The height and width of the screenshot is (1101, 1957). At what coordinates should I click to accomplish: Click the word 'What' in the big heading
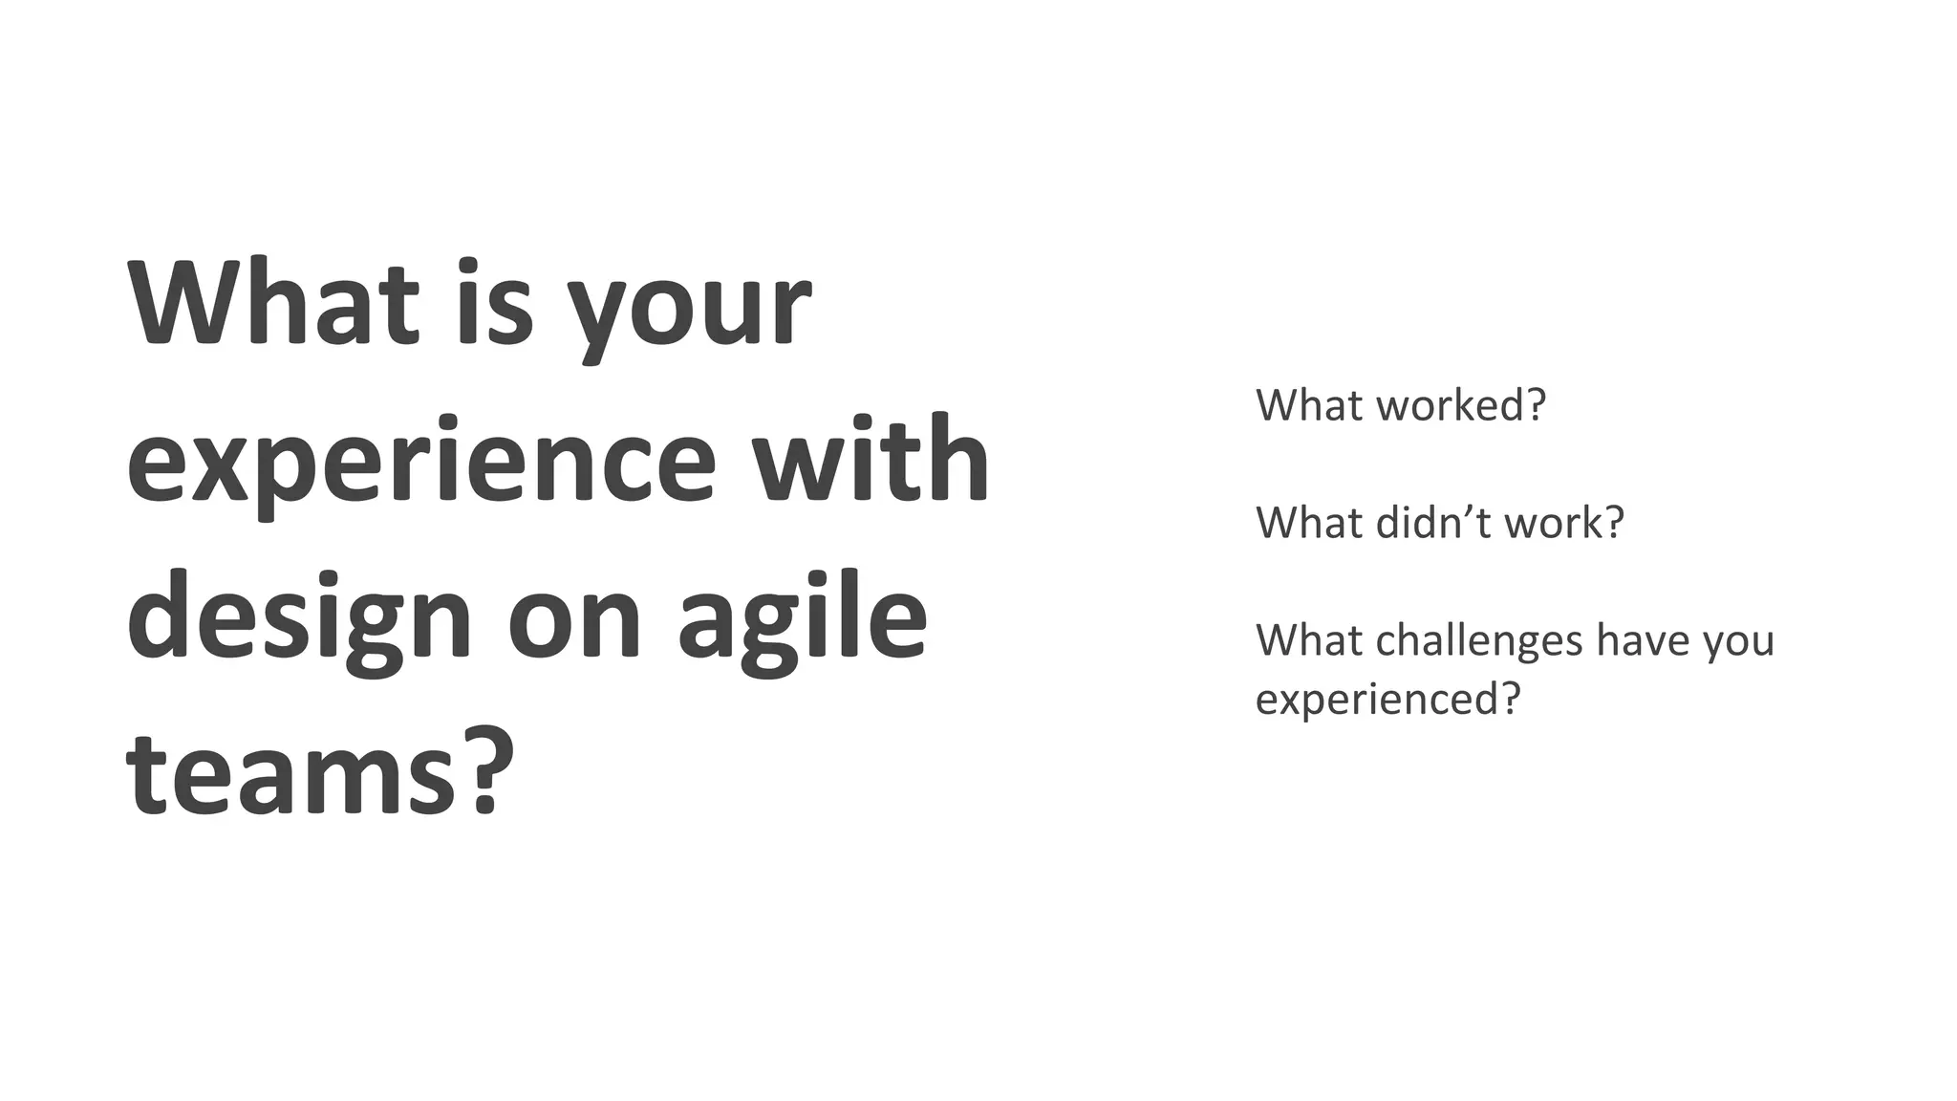272,304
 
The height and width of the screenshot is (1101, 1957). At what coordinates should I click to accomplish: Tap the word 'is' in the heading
493,304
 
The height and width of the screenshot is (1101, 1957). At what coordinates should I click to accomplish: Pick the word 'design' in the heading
299,616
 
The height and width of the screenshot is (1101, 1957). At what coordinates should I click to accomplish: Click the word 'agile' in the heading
803,616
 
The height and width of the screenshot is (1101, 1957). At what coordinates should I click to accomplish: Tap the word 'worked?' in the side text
1461,405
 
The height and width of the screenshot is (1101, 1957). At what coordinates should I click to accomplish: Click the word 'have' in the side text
1637,640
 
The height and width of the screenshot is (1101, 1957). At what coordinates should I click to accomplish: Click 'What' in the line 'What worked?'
1308,405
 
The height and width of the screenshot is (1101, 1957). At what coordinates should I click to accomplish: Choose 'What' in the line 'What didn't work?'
1308,523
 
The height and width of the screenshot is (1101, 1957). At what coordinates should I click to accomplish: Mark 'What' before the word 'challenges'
1308,640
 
